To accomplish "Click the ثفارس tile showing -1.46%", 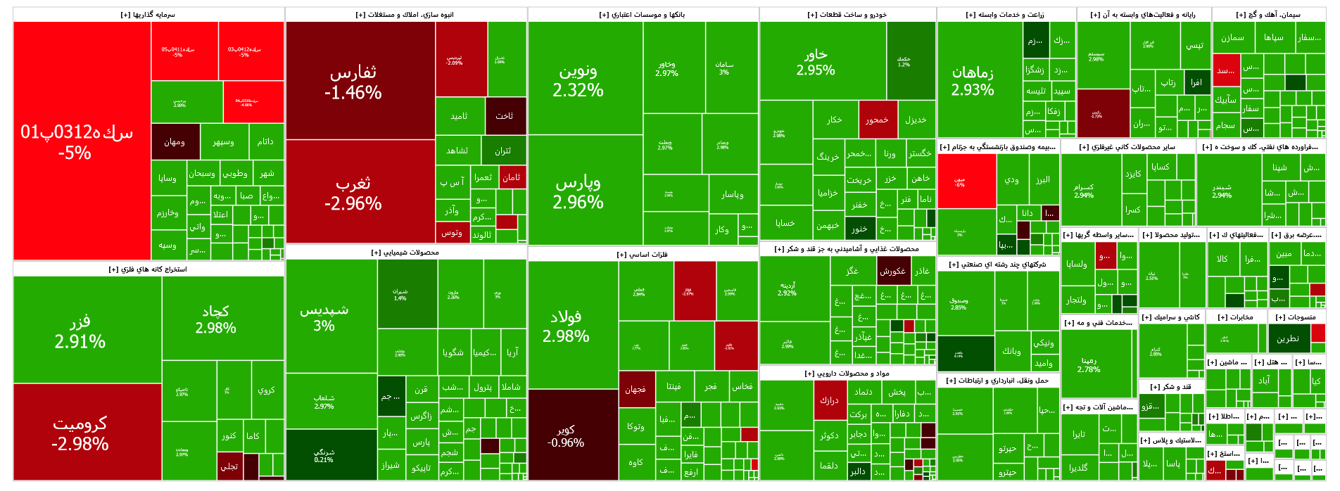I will click(x=353, y=82).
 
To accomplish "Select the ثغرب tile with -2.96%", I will click(x=353, y=193).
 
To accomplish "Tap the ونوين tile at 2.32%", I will click(x=579, y=80).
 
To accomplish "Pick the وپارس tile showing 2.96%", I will click(x=579, y=192).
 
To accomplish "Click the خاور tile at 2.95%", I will click(x=816, y=62).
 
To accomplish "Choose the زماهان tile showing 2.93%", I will click(x=973, y=81).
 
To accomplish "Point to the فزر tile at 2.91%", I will click(x=80, y=331).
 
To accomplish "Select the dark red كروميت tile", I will click(x=80, y=433).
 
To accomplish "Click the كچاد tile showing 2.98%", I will click(x=215, y=319).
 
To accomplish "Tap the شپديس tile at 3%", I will click(x=324, y=317).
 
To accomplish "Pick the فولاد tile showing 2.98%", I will click(x=566, y=326).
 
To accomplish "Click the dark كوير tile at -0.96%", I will click(x=566, y=435).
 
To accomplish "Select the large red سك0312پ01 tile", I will click(x=76, y=141).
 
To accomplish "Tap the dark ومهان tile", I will click(x=175, y=142).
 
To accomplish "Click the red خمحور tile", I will click(x=877, y=120).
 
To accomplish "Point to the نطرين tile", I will click(x=1288, y=339).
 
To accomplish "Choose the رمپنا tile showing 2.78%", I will click(x=1089, y=364).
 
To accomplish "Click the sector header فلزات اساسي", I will click(x=643, y=255).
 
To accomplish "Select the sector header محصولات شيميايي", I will click(x=405, y=253).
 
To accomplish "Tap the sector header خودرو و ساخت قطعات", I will click(x=847, y=15).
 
